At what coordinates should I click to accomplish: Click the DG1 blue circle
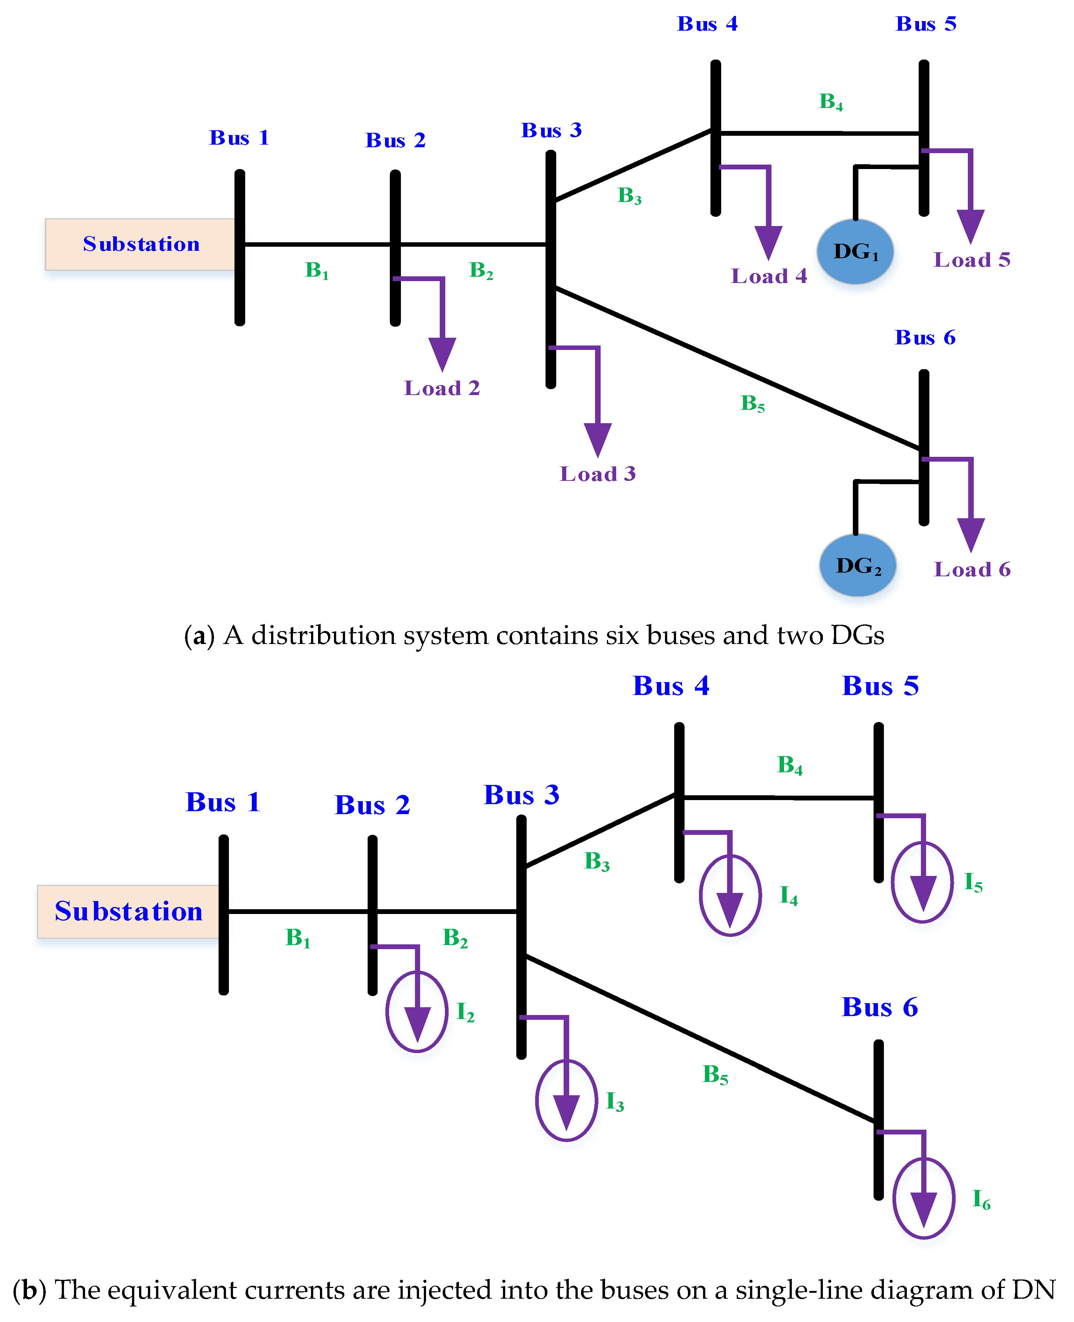(855, 252)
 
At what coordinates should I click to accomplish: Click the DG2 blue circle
(858, 566)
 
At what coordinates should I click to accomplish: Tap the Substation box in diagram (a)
(141, 244)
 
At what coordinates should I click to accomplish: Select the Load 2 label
(442, 388)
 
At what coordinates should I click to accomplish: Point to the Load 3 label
(598, 474)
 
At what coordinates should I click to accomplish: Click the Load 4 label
(769, 276)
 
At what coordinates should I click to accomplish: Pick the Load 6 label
(972, 569)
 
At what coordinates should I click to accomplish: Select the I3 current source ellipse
(566, 1100)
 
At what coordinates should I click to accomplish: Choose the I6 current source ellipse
(924, 1198)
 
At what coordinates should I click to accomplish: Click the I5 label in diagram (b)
(973, 883)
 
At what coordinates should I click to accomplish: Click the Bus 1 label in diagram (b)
(223, 802)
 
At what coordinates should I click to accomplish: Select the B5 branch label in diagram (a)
(752, 403)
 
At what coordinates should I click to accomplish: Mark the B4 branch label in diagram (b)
(790, 765)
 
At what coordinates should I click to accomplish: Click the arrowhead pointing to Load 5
(971, 225)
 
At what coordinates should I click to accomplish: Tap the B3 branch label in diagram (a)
(629, 196)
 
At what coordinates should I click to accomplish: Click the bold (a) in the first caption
(199, 635)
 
